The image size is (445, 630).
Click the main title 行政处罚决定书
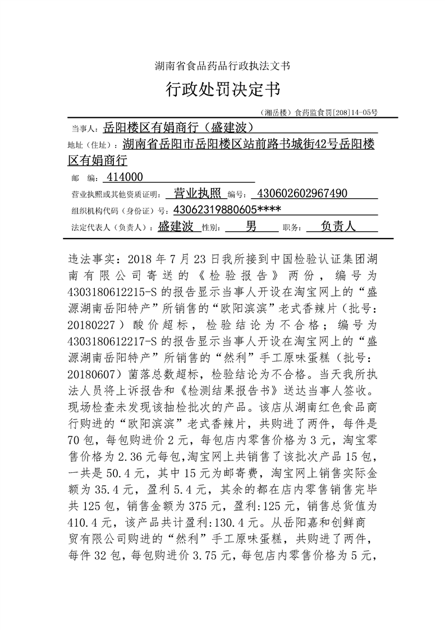[x=222, y=89]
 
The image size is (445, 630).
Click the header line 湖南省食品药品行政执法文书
[x=222, y=66]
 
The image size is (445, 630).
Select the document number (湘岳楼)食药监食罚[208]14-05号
[x=319, y=112]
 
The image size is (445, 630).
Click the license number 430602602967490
[x=301, y=194]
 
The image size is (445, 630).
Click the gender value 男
[x=251, y=226]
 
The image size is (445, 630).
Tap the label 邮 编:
[x=84, y=179]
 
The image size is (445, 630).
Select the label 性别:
[x=210, y=228]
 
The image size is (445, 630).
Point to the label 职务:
[x=292, y=228]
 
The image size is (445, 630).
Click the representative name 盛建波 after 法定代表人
[x=176, y=226]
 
